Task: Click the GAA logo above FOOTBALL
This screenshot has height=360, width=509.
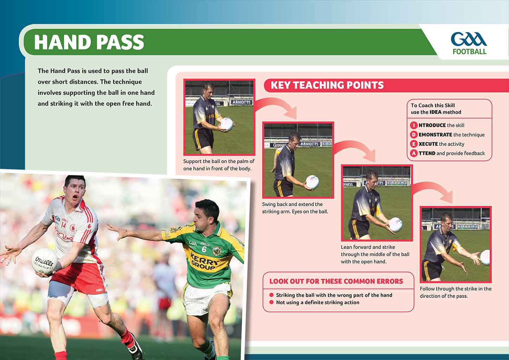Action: tap(469, 39)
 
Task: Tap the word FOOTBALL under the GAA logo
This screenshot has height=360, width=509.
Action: tap(470, 52)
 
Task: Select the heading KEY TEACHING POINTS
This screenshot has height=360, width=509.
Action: tap(327, 85)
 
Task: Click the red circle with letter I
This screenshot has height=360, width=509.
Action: tap(414, 125)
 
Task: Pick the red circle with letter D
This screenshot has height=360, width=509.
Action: tap(414, 135)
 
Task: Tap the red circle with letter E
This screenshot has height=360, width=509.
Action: tap(414, 144)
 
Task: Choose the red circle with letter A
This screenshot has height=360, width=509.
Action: tap(414, 153)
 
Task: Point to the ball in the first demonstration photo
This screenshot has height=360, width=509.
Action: tap(227, 124)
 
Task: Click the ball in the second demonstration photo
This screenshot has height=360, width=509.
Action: tap(313, 182)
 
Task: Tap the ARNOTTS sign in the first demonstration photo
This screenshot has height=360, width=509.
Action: tap(241, 102)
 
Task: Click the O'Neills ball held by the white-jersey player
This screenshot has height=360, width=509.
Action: tap(44, 261)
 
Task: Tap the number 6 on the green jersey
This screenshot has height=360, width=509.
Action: tap(204, 249)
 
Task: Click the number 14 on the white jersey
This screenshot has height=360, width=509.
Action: tap(64, 225)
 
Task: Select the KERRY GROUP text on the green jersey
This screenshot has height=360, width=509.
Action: tap(204, 262)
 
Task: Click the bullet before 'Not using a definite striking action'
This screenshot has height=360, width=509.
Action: tap(271, 302)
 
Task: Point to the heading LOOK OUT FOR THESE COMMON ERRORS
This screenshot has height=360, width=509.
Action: tap(336, 281)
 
